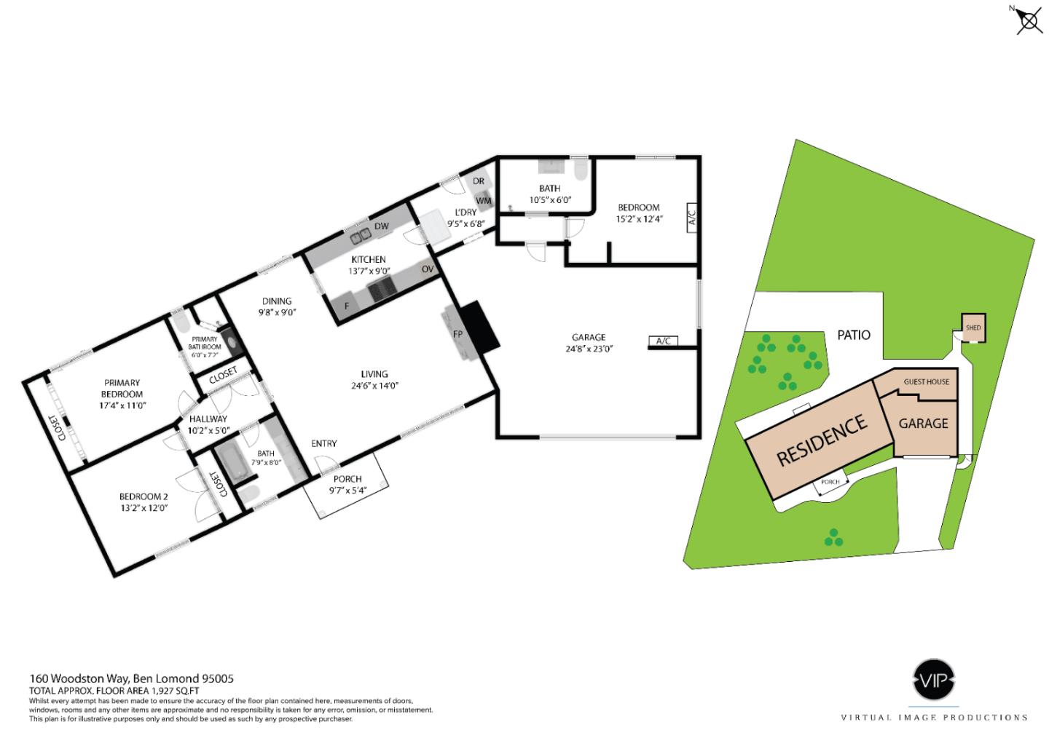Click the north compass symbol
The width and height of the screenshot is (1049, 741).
pyautogui.click(x=1028, y=20)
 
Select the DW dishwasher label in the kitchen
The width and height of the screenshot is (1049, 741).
pyautogui.click(x=381, y=227)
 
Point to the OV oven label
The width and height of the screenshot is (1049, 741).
pyautogui.click(x=428, y=269)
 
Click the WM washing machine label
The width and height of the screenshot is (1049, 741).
pyautogui.click(x=483, y=200)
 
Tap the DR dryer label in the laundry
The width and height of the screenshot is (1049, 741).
pyautogui.click(x=479, y=181)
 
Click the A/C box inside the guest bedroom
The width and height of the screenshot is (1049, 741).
pyautogui.click(x=691, y=217)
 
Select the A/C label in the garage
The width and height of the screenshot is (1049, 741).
pyautogui.click(x=663, y=341)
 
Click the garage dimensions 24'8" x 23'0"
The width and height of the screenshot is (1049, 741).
pyautogui.click(x=589, y=349)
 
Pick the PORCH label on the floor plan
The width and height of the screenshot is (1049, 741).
pyautogui.click(x=347, y=479)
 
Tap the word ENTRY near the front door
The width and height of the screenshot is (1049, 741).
pyautogui.click(x=323, y=443)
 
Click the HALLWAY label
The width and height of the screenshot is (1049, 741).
pyautogui.click(x=208, y=419)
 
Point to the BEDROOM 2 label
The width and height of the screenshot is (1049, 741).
pyautogui.click(x=144, y=497)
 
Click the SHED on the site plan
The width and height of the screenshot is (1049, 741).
pyautogui.click(x=973, y=328)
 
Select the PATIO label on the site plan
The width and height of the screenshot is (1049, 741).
pyautogui.click(x=854, y=335)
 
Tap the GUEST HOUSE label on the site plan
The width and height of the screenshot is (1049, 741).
pyautogui.click(x=926, y=382)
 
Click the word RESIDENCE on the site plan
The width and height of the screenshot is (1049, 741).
pyautogui.click(x=822, y=439)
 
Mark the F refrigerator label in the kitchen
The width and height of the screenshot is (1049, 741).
pyautogui.click(x=346, y=306)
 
